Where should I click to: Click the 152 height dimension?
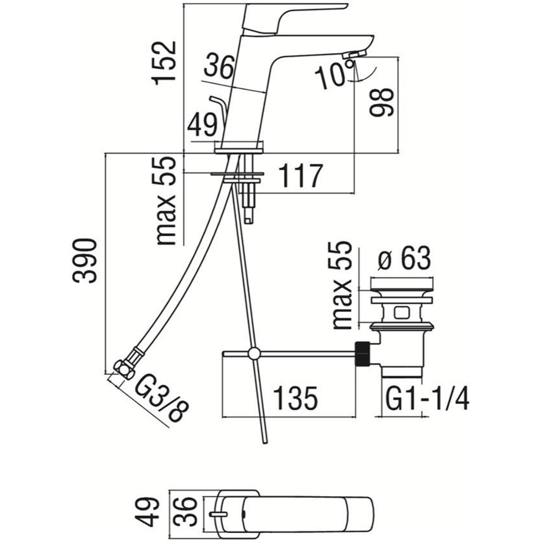164,63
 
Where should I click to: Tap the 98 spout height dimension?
381,102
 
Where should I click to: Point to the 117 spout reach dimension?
301,176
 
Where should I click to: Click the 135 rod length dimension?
295,398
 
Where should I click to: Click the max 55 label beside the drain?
342,285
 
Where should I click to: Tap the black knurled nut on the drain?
362,354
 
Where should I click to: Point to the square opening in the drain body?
401,312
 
